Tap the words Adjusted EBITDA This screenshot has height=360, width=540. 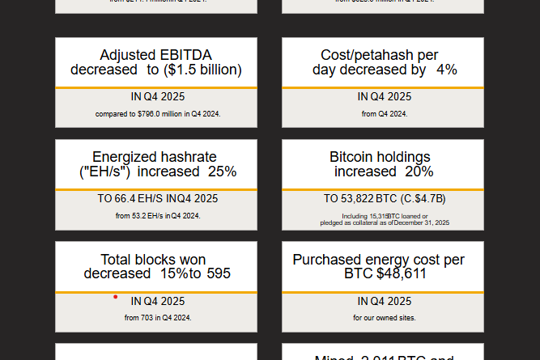pyautogui.click(x=156, y=55)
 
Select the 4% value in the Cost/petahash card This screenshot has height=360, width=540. pyautogui.click(x=446, y=70)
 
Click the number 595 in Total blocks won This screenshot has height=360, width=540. pyautogui.click(x=218, y=273)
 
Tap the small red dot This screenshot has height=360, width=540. pyautogui.click(x=115, y=297)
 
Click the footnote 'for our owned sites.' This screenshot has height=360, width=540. pyautogui.click(x=384, y=318)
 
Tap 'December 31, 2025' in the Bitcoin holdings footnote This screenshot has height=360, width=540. pyautogui.click(x=422, y=222)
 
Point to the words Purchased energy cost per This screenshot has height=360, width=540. pyautogui.click(x=379, y=260)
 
